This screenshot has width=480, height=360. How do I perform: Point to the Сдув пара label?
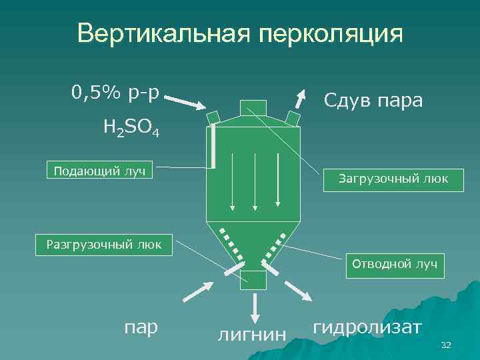click(373, 101)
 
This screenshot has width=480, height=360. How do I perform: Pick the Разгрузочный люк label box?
click(104, 244)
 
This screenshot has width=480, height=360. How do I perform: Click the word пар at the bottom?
click(141, 327)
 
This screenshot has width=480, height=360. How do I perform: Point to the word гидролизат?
click(367, 327)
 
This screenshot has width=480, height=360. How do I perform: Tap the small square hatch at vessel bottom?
click(253, 280)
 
